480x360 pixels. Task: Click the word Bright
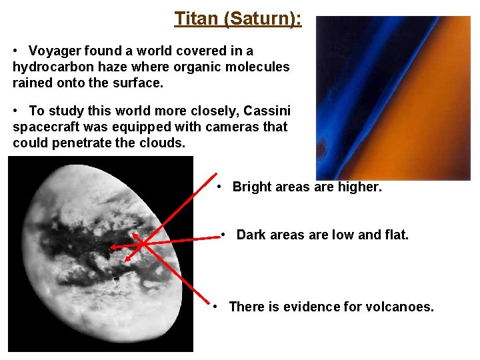tap(251, 187)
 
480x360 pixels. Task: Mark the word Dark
tap(251, 235)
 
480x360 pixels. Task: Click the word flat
tap(395, 235)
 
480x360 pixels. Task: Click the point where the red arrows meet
tap(143, 245)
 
